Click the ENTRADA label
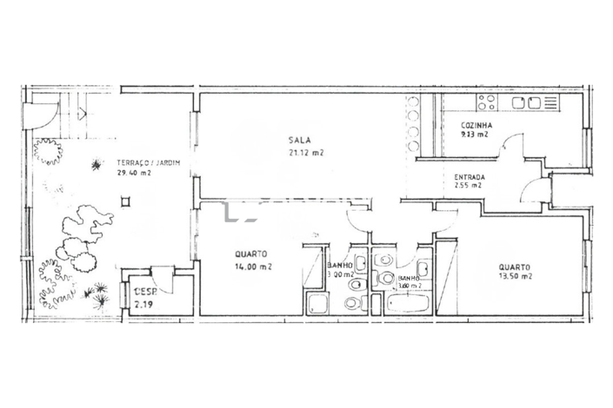tap(470, 178)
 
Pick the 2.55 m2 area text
tap(468, 187)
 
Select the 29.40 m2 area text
tap(133, 172)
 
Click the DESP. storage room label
tap(143, 293)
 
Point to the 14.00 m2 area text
tap(253, 267)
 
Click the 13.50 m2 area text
tap(515, 276)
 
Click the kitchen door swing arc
tap(513, 143)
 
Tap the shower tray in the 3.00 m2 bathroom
tap(318, 304)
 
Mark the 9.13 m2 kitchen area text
tap(475, 135)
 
